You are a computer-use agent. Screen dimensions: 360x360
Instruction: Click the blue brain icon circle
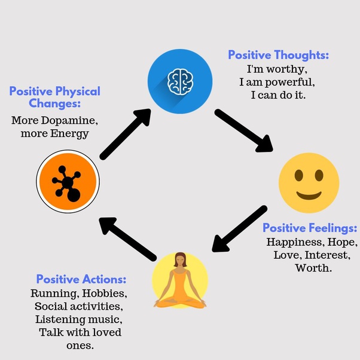tap(180, 81)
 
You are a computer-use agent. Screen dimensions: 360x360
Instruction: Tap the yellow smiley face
tap(309, 183)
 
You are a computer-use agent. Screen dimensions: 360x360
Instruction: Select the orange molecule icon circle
tap(68, 182)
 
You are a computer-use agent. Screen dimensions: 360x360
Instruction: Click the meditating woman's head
tap(180, 260)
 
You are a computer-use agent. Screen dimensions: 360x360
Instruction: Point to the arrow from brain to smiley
tap(244, 130)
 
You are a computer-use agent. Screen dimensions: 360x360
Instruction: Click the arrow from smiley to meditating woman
tap(239, 228)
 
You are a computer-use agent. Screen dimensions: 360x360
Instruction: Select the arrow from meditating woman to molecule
tap(127, 239)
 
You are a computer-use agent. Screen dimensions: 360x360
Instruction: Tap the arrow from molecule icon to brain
tap(126, 135)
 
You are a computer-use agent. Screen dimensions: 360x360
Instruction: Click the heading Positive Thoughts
tap(278, 55)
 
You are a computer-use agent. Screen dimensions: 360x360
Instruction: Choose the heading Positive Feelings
tap(310, 228)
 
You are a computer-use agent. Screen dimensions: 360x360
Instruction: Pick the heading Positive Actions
tap(81, 279)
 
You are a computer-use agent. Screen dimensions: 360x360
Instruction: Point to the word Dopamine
tap(69, 121)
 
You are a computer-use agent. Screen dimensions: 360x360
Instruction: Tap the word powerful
tap(290, 83)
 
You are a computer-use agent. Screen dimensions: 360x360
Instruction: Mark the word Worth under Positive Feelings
tap(313, 268)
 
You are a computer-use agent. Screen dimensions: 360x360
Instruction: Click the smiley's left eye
tap(298, 176)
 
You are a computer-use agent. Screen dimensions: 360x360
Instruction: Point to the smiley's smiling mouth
tap(309, 195)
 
